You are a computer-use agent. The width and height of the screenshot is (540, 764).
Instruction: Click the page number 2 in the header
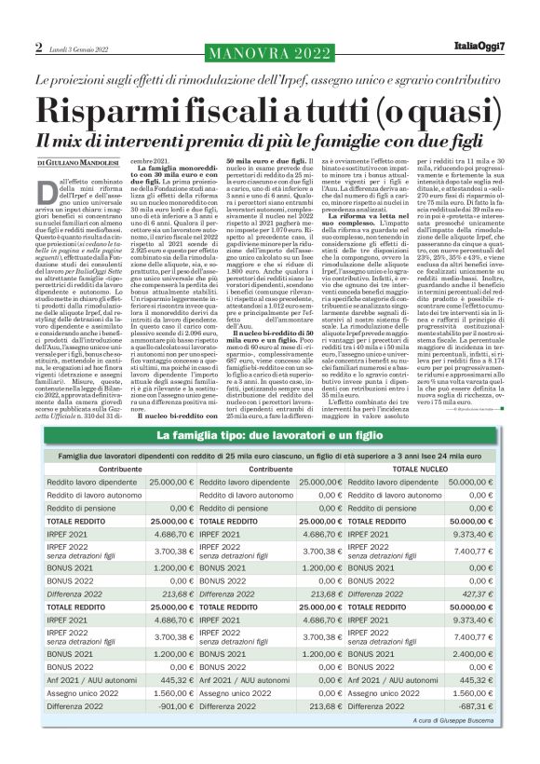39,48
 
